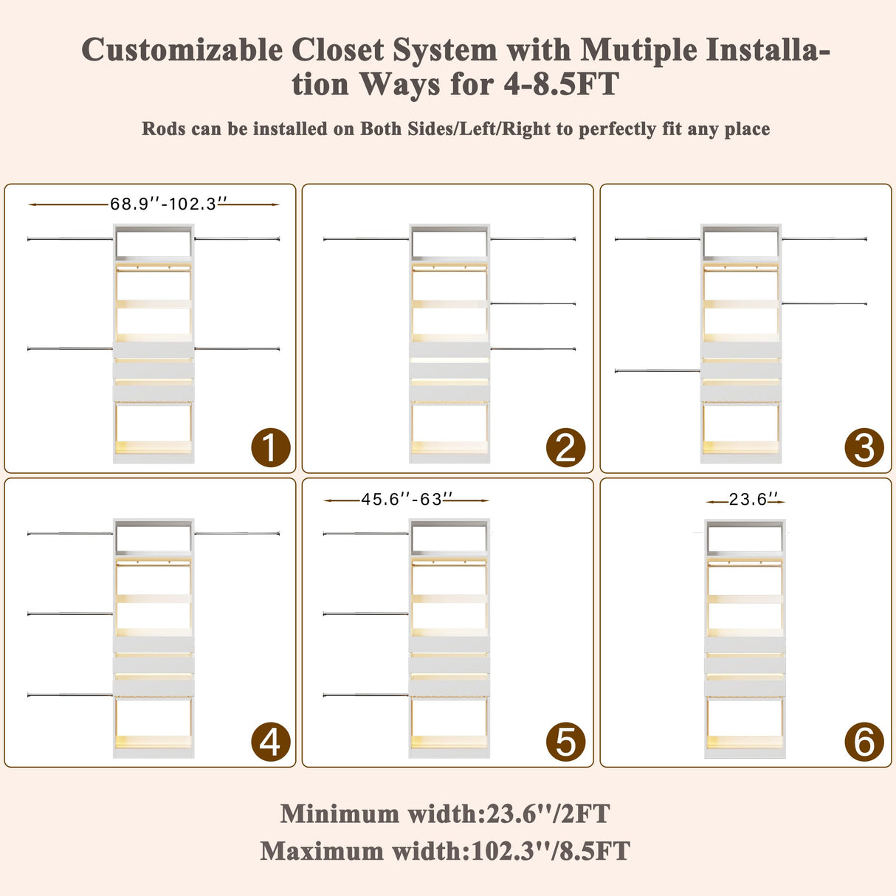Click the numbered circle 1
[x=271, y=447]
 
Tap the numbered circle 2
[x=565, y=447]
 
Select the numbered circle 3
[x=864, y=447]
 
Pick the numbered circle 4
[x=271, y=742]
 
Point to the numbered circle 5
[x=565, y=742]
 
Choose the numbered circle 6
[x=864, y=742]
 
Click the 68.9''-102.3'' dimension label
[x=168, y=204]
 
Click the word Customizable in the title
[x=182, y=49]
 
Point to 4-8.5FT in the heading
[x=561, y=83]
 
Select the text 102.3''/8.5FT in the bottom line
[x=551, y=852]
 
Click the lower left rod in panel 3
[x=658, y=371]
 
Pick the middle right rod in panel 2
[x=533, y=303]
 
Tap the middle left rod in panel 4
[x=70, y=614]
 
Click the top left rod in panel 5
[x=366, y=534]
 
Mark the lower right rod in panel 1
[x=237, y=348]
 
